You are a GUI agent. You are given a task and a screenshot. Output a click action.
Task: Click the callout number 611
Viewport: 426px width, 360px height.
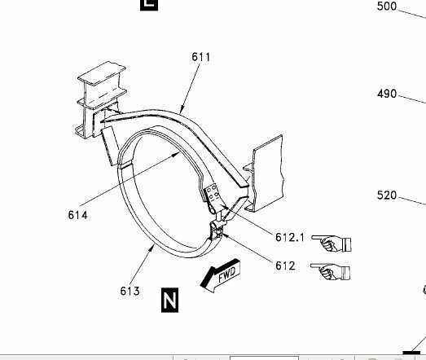(200, 57)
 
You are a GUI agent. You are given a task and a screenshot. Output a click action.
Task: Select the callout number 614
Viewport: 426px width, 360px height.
(78, 215)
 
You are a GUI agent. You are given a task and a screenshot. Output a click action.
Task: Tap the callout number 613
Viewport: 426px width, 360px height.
(130, 291)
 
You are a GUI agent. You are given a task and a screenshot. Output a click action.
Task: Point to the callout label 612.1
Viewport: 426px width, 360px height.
(290, 237)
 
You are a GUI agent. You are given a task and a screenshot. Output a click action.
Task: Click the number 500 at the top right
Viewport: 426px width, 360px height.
(387, 6)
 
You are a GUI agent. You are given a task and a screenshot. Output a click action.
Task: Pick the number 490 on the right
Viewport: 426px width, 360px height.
(387, 94)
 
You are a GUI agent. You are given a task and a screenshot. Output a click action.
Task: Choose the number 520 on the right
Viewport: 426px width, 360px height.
(387, 195)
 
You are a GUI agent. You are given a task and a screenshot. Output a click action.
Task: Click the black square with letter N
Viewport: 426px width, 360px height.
(169, 300)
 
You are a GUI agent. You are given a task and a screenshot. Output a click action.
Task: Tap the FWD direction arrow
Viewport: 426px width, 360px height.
(221, 275)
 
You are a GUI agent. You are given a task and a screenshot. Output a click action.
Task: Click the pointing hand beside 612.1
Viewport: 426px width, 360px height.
(332, 244)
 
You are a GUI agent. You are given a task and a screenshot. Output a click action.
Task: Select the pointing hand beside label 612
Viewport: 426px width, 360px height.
(331, 271)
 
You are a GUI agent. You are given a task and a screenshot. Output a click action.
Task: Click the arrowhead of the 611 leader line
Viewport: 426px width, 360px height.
(181, 111)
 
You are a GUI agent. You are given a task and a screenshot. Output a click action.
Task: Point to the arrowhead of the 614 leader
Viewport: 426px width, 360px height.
(177, 154)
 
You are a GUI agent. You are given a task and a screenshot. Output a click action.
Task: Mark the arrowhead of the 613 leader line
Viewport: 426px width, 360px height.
(153, 246)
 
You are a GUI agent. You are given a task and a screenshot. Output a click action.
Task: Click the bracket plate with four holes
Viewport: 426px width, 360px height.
(212, 194)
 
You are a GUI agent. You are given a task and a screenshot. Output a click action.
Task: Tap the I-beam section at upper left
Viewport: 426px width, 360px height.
(100, 99)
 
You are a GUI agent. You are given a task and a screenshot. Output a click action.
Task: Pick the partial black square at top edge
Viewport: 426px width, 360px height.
(149, 5)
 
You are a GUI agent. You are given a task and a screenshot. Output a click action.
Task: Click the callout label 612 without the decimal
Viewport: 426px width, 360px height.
(285, 266)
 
